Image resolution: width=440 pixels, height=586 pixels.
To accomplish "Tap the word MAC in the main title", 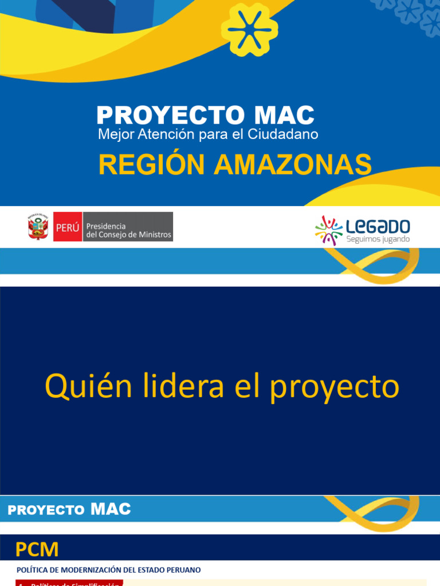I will (284, 116).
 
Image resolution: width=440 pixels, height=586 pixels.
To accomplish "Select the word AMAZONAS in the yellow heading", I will (292, 165).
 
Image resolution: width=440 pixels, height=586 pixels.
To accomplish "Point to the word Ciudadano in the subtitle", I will (290, 134).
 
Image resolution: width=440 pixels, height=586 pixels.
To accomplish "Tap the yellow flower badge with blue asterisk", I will (249, 29).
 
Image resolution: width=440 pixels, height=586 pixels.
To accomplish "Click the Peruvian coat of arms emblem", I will (38, 227).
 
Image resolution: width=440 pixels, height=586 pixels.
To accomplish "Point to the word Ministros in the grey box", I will (152, 235).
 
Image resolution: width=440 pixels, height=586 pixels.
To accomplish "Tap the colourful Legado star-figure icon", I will (329, 230).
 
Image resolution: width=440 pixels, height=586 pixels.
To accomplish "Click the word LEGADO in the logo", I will (378, 225).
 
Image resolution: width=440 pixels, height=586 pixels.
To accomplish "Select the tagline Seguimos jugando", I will (378, 239).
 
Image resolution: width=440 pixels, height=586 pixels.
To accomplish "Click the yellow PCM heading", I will (37, 550).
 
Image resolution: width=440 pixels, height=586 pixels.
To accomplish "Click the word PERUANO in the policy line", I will (183, 570).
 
